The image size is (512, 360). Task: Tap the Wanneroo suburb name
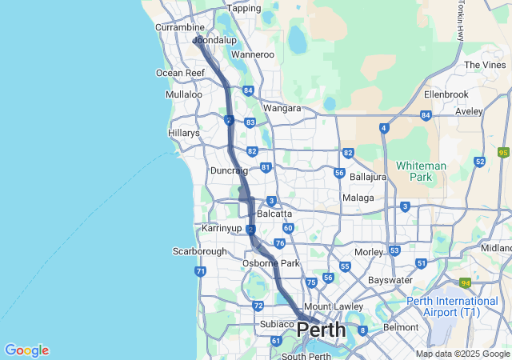[x=252, y=54]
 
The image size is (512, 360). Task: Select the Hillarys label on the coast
[x=184, y=133]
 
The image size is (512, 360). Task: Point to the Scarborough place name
[x=199, y=251]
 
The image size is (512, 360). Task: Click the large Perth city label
[x=322, y=330]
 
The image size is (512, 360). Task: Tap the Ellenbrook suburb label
[x=446, y=94]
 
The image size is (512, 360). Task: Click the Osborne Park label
[x=270, y=263]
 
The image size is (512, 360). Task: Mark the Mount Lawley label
[x=330, y=307]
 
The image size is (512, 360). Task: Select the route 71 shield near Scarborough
[x=200, y=272]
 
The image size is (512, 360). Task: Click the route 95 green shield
[x=503, y=152]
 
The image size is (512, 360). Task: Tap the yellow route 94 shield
[x=465, y=282]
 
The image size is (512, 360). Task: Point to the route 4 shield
[x=384, y=128]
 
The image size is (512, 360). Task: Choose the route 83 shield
[x=250, y=122]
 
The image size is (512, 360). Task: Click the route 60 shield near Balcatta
[x=288, y=228]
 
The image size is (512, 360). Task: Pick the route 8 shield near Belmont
[x=362, y=330]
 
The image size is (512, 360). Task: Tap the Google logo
[x=26, y=350]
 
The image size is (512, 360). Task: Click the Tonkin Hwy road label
[x=461, y=21]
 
